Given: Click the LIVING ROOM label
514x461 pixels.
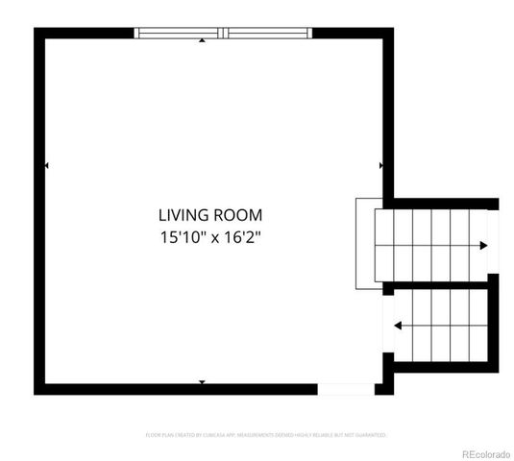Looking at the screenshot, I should coord(209,215).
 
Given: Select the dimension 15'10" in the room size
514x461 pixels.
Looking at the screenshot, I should coord(183,236).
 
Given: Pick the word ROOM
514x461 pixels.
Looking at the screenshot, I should coord(239,215).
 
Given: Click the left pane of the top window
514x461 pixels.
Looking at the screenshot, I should coord(179,33).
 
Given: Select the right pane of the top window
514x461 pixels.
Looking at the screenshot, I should coord(268,33).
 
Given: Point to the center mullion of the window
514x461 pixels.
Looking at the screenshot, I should coord(223,33).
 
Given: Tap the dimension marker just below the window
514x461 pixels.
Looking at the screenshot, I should coord(202,41).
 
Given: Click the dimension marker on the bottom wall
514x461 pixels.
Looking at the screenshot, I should coord(202,382).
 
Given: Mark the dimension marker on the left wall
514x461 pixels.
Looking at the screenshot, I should coord(47,166).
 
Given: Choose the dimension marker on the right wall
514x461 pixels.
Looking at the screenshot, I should coord(381,166).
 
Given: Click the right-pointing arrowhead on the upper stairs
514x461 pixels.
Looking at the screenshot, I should coord(483,246).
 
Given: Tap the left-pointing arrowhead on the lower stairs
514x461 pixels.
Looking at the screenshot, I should coord(398,326).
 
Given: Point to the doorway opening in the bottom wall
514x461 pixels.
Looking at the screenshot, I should coord(346,389).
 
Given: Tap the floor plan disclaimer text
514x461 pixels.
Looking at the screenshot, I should coord(266,434).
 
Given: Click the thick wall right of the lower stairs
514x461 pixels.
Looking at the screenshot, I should coord(494,327).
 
